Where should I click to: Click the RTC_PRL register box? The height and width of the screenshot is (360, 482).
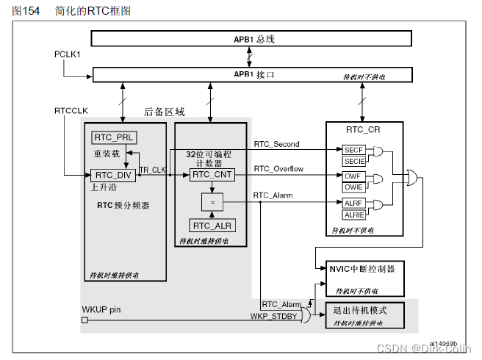(x=115, y=138)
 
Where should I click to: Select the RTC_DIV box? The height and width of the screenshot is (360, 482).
(x=113, y=176)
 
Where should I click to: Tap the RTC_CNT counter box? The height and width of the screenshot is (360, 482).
(x=212, y=176)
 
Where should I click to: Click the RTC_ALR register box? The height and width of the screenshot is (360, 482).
(x=212, y=225)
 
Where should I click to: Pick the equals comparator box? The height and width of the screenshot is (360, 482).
(x=212, y=201)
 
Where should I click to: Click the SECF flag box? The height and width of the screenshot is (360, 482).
(x=353, y=151)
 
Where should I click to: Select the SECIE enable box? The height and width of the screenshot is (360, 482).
(x=353, y=161)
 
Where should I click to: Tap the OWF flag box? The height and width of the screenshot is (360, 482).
(x=353, y=177)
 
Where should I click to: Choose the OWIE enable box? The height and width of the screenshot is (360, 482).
(x=353, y=187)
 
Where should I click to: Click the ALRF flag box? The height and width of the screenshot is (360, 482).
(x=353, y=204)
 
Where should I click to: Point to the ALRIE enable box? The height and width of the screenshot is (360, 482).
(x=353, y=215)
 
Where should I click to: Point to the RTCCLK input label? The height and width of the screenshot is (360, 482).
(x=71, y=111)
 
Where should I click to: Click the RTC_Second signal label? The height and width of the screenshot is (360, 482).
(x=277, y=144)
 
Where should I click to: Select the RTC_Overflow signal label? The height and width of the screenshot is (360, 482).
(x=278, y=170)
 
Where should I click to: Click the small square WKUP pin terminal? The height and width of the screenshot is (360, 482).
(x=84, y=320)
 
